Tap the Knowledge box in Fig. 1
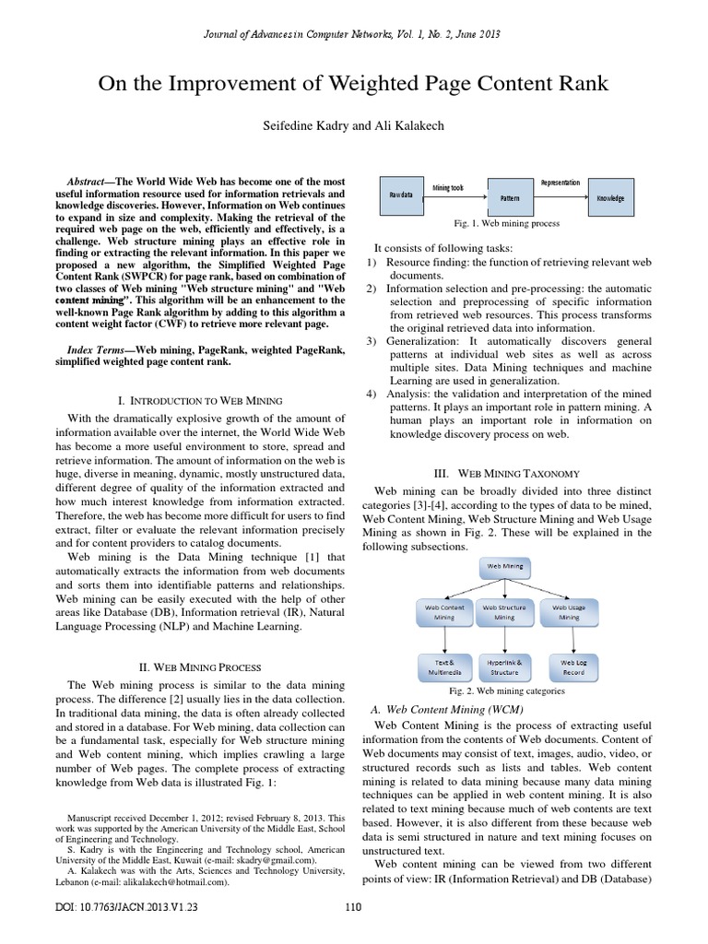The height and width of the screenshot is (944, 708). point(609,197)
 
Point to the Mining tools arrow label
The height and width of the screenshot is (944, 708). point(448,187)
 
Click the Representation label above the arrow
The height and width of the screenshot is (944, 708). point(560,183)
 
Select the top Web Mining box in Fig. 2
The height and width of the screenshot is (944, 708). point(504,566)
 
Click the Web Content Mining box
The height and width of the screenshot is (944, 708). point(445,613)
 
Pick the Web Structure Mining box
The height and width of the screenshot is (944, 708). point(504,613)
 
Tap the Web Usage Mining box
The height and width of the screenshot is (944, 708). point(568,613)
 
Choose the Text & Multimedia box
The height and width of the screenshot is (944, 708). point(445,666)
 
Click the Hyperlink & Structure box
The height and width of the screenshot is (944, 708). point(504,666)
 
